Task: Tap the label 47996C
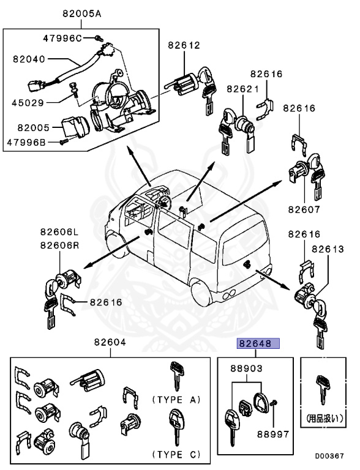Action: pos(62,38)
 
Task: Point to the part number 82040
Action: pos(30,59)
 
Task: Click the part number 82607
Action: pos(305,209)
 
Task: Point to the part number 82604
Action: pos(110,343)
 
